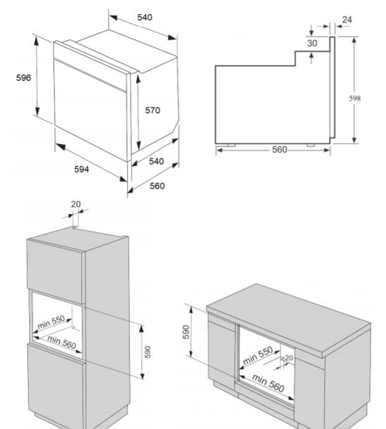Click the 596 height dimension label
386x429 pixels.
pos(24,78)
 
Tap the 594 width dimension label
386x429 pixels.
pos(82,170)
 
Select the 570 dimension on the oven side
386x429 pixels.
pos(152,110)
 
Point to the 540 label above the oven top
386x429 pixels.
pos(144,17)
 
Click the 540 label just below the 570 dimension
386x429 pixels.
pos(156,162)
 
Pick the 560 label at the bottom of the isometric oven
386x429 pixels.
pos(157,186)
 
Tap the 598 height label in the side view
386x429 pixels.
pos(355,98)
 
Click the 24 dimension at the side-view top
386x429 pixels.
pos(347,20)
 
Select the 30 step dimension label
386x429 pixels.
pos(312,43)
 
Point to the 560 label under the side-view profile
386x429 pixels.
pos(279,150)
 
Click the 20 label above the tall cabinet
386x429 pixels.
pos(76,204)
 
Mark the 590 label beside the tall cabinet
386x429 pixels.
pos(147,352)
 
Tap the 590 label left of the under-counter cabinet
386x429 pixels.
pos(186,332)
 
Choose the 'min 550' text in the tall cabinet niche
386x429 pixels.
pos(51,322)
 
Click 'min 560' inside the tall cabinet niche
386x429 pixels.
pos(61,342)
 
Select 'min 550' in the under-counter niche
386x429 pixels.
pos(258,355)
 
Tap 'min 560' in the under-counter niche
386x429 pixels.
pos(268,383)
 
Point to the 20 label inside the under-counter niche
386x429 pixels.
pos(289,358)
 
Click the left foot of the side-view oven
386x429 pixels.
pos(231,145)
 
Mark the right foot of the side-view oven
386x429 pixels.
pos(310,145)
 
